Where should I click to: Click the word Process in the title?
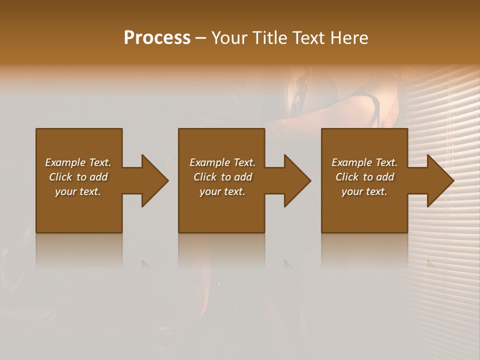[x=157, y=38]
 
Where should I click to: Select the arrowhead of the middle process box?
[x=296, y=180]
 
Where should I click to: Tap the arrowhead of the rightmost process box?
[x=439, y=180]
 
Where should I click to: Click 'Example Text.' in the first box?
[x=78, y=162]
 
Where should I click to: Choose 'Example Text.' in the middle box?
[x=222, y=162]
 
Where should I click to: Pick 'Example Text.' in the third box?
[x=364, y=162]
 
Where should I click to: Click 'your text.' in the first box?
[x=78, y=191]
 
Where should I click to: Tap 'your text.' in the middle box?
[x=222, y=191]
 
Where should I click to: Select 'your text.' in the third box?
[x=364, y=191]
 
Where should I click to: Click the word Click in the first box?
[x=60, y=177]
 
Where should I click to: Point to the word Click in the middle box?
[x=205, y=177]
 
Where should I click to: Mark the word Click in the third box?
[x=347, y=177]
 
